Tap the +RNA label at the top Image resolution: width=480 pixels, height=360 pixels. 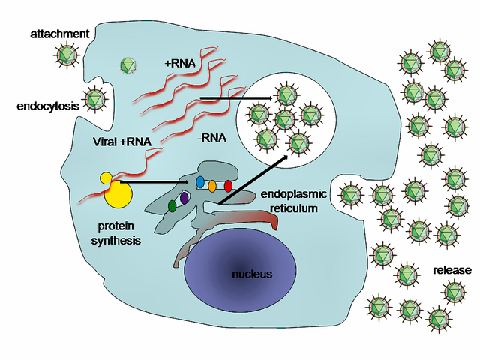click(179, 64)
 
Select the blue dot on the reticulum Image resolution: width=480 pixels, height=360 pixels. click(199, 182)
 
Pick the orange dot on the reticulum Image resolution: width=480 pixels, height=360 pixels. click(213, 185)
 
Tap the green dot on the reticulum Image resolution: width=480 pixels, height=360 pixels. click(172, 205)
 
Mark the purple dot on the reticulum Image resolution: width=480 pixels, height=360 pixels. click(184, 199)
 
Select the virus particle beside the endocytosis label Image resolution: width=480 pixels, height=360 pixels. click(94, 99)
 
